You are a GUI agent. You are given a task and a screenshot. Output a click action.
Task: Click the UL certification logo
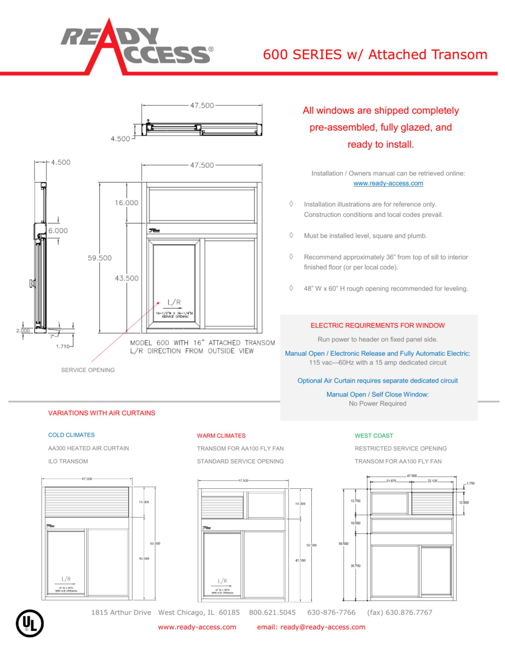click(30, 623)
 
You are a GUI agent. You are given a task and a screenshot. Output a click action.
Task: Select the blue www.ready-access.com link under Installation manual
click(388, 183)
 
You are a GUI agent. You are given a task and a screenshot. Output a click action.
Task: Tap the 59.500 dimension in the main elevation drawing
click(99, 258)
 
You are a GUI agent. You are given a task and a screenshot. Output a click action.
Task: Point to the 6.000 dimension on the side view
click(58, 230)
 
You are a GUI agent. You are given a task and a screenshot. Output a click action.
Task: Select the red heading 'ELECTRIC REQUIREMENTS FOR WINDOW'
click(378, 325)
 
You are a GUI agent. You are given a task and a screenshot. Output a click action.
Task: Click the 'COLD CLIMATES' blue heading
click(71, 435)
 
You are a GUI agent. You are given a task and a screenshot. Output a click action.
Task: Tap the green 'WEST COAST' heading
click(374, 436)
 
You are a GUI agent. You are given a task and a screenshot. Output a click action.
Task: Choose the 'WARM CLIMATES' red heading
click(221, 436)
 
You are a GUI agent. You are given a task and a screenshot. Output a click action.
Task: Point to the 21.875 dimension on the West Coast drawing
click(391, 481)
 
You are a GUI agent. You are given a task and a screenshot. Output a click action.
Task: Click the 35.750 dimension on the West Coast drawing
click(355, 566)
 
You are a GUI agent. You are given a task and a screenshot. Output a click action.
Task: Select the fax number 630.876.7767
click(400, 612)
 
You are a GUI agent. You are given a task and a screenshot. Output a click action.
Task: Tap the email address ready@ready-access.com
click(322, 627)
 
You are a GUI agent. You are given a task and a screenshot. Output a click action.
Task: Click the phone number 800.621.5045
click(272, 612)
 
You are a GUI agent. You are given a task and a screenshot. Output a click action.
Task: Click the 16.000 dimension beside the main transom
click(127, 203)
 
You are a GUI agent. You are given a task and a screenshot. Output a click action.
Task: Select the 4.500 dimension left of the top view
click(120, 139)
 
